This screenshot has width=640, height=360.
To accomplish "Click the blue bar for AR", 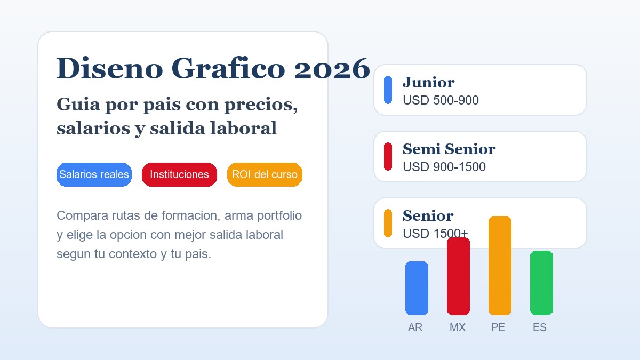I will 417,288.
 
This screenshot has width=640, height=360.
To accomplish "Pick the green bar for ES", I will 541,283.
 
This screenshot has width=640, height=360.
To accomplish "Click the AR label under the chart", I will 415,327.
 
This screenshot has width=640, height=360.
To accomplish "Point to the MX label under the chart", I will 458,327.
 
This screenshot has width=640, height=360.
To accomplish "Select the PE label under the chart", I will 498,327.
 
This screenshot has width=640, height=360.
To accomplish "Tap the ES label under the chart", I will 540,327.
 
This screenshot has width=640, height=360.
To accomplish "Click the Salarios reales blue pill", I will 94,174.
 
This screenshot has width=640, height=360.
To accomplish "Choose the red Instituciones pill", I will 179,174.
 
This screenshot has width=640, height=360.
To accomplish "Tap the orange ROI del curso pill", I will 265,174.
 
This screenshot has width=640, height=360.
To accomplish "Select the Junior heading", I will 428,82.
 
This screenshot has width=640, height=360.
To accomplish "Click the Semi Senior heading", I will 449,149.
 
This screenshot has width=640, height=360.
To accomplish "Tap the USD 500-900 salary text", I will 441,100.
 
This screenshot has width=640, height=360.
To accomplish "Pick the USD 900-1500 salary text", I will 444,167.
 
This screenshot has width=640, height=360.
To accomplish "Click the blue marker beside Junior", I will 388,90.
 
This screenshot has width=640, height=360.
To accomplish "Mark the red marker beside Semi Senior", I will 388,156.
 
